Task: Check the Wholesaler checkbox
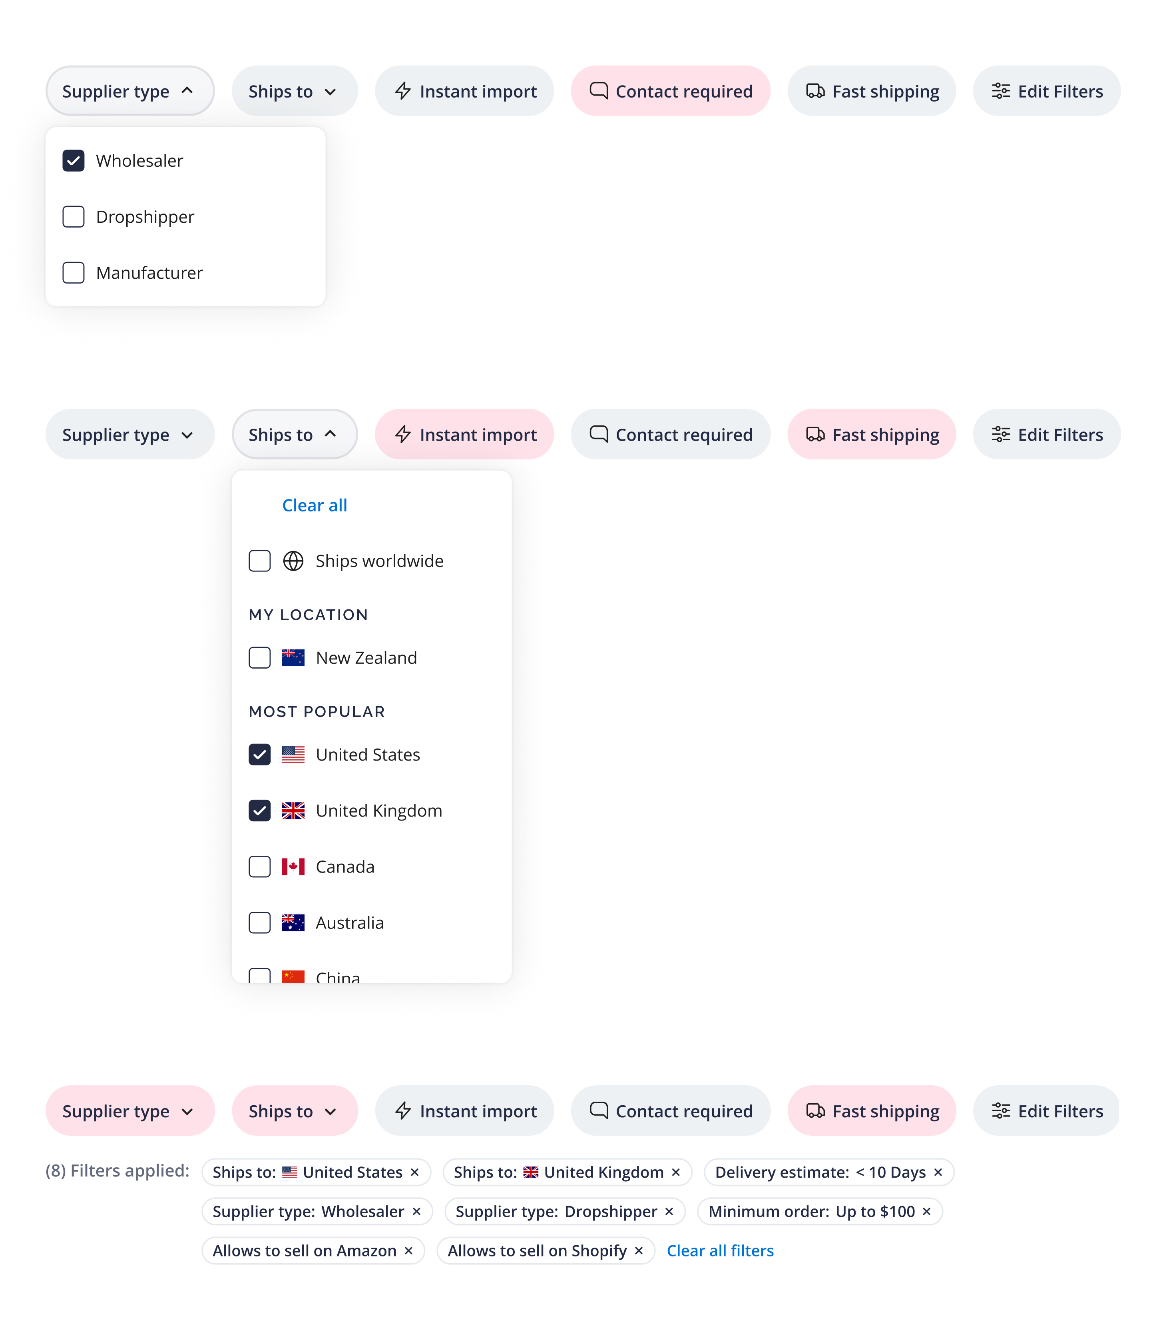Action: [73, 161]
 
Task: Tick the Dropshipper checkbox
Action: [73, 216]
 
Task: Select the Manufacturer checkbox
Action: [73, 272]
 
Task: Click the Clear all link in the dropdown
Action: [315, 505]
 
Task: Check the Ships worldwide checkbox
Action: [259, 561]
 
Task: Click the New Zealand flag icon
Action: [293, 658]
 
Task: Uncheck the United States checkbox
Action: [259, 754]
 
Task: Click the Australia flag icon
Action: [293, 923]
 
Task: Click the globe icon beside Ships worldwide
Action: [293, 561]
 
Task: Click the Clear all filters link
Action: [720, 1250]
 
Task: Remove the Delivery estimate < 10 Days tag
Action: [938, 1172]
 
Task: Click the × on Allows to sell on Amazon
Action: [408, 1250]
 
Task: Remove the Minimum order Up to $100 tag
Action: [926, 1211]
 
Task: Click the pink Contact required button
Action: [671, 91]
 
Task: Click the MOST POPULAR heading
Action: [317, 711]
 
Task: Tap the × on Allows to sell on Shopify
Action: [639, 1250]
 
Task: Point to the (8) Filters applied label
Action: [117, 1171]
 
